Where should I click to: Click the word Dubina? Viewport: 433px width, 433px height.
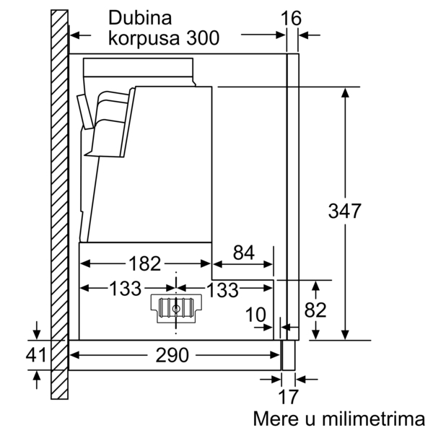(x=140, y=18)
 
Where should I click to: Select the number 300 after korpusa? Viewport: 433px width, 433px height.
(x=203, y=38)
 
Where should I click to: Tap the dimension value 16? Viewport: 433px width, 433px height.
(x=292, y=19)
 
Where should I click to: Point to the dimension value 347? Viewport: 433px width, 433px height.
(x=345, y=211)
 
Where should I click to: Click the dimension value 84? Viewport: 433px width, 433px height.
(x=244, y=253)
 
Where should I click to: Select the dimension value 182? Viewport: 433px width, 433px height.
(x=145, y=263)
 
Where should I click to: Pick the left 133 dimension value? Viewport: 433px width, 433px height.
(x=126, y=288)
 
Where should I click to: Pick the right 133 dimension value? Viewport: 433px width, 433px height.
(x=222, y=289)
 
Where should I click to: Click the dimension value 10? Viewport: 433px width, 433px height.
(x=255, y=315)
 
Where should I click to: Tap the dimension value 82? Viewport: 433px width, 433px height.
(x=315, y=310)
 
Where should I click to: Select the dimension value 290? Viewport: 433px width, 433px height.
(x=172, y=355)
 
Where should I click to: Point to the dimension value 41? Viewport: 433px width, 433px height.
(x=36, y=355)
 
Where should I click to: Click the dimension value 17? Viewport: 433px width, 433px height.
(x=289, y=397)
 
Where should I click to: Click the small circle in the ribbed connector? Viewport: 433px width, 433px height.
(x=176, y=309)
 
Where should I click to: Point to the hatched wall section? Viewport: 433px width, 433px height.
(x=59, y=204)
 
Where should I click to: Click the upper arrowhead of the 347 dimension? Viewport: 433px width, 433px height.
(x=345, y=92)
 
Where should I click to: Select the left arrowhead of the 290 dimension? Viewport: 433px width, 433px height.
(x=74, y=355)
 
